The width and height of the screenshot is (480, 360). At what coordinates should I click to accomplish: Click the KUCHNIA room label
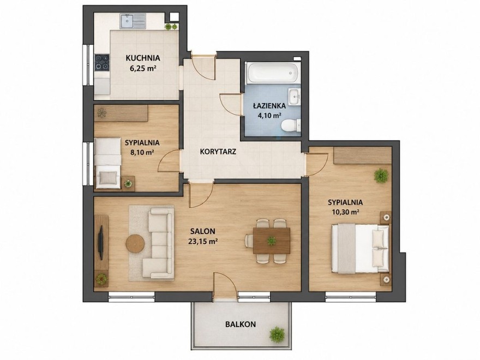[x=143, y=58]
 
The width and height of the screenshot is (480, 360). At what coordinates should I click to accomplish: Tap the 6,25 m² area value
[x=142, y=68]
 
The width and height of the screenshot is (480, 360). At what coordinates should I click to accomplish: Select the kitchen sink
[x=133, y=21]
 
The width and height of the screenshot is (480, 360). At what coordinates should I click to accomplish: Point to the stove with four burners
[x=102, y=62]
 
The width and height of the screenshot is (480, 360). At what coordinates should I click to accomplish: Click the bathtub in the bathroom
[x=273, y=72]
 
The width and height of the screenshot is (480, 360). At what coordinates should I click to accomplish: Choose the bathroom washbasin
[x=295, y=97]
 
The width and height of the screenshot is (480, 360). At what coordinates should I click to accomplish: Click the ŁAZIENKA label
[x=269, y=106]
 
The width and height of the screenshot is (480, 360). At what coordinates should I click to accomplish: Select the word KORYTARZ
[x=218, y=152]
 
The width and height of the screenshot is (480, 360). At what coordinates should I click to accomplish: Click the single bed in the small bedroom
[x=107, y=164]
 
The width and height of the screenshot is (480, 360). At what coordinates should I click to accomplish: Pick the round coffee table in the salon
[x=135, y=244]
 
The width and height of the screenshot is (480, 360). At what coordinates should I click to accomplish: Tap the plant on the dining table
[x=271, y=241]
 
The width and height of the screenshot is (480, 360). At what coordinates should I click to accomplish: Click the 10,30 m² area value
[x=345, y=212]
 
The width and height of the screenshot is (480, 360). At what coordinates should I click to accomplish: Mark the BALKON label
[x=241, y=325]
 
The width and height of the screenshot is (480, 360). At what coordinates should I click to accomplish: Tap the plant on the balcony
[x=277, y=334]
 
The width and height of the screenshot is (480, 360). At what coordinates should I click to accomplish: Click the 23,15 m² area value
[x=203, y=241]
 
